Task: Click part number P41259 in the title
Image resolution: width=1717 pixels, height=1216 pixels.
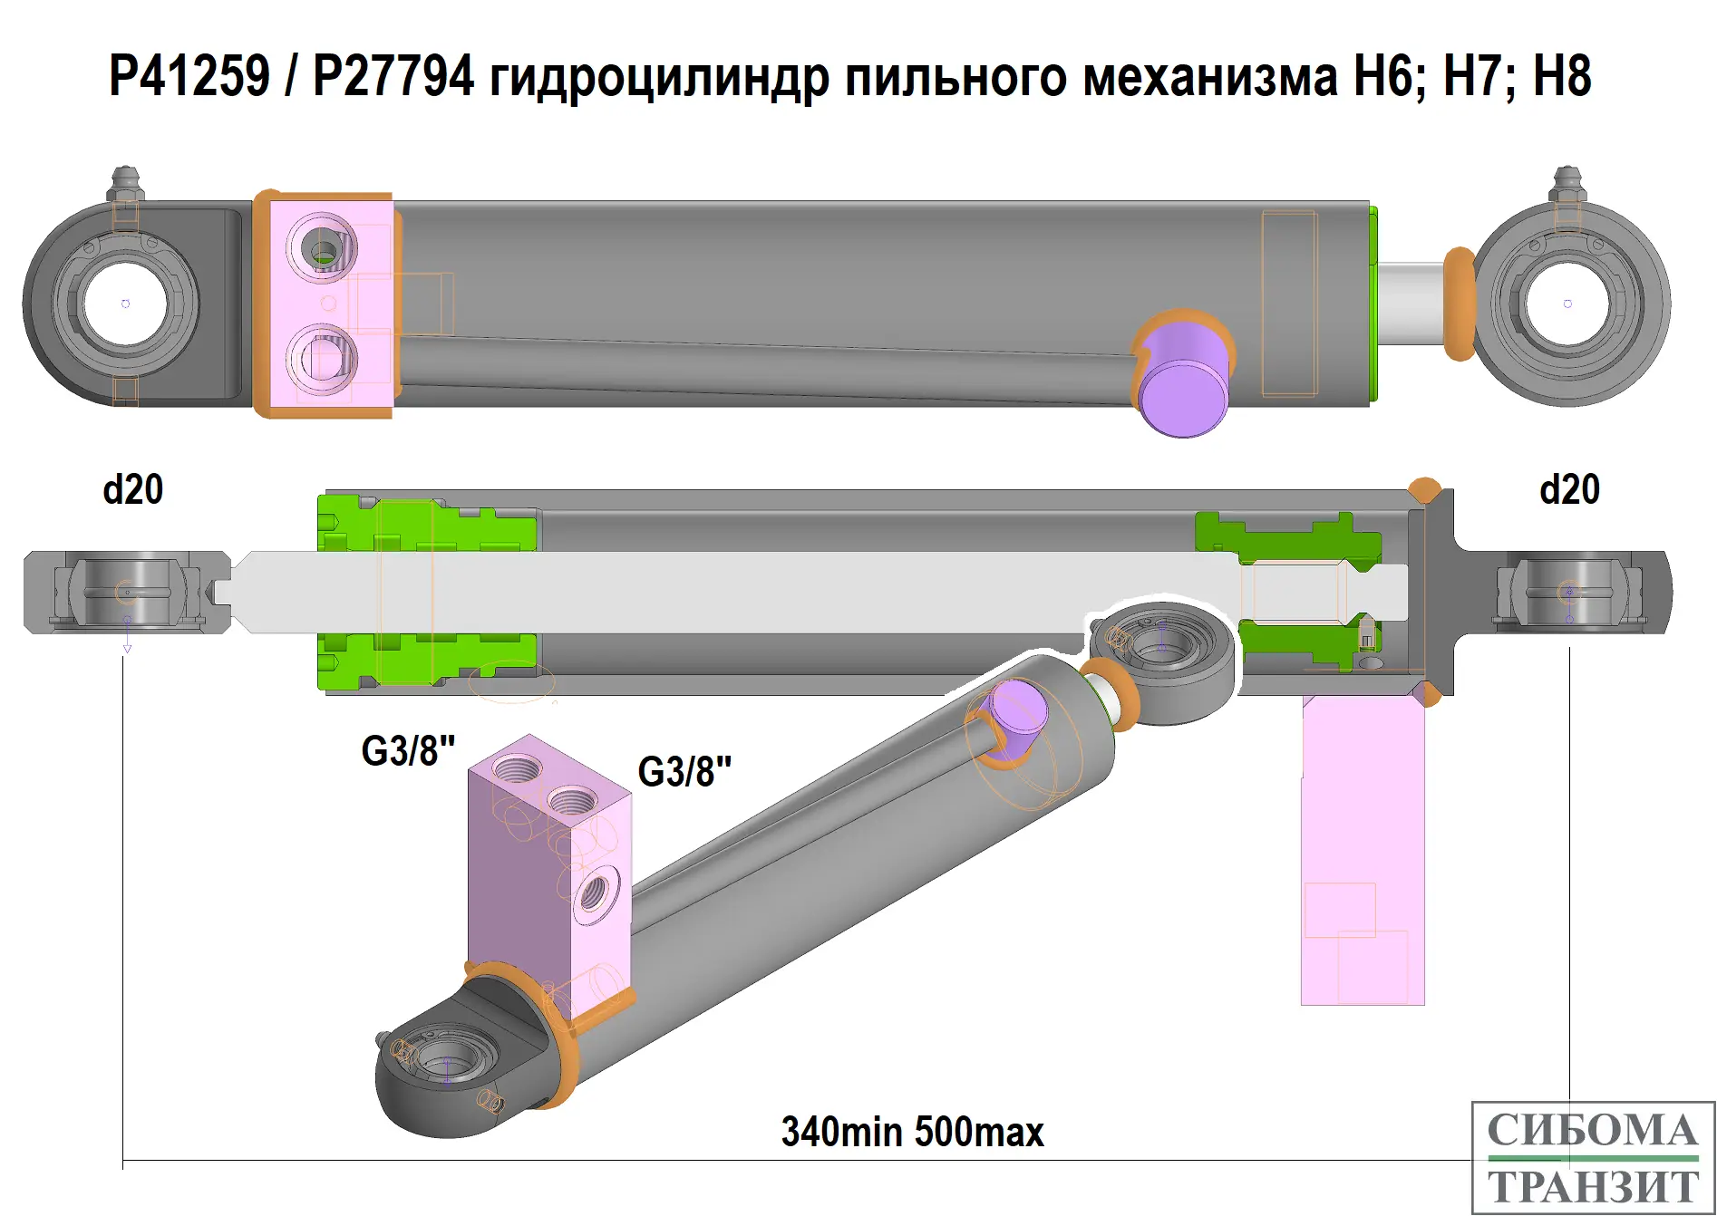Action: click(189, 75)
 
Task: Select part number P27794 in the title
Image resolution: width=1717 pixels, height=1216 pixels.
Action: click(393, 75)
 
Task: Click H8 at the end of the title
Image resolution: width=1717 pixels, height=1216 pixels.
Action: click(1562, 75)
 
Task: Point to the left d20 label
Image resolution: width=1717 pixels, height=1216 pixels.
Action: click(133, 489)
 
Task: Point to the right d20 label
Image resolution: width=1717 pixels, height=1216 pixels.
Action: click(1569, 489)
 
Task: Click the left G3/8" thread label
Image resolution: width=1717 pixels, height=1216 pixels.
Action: click(408, 750)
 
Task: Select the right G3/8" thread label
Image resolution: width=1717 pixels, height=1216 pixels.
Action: click(684, 771)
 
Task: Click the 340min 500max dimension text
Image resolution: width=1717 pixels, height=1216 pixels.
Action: click(912, 1132)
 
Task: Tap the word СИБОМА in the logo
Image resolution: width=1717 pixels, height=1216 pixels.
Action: click(1593, 1131)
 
